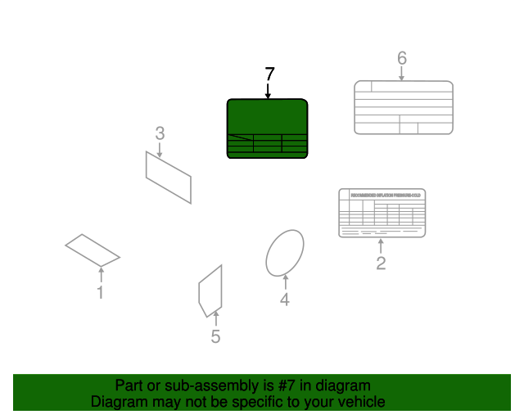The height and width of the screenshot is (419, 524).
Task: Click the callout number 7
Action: click(269, 74)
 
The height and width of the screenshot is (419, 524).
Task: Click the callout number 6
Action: click(401, 58)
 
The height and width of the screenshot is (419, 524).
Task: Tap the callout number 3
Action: click(160, 133)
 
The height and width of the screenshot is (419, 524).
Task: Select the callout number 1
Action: click(101, 292)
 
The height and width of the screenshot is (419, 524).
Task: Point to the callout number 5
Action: click(215, 336)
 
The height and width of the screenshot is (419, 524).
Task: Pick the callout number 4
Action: click(285, 300)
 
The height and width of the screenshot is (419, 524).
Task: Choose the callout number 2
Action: click(381, 263)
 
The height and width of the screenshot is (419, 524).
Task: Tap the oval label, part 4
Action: click(285, 251)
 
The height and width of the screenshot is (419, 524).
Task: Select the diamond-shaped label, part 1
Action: click(93, 250)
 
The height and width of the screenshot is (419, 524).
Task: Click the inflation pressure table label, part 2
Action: click(382, 213)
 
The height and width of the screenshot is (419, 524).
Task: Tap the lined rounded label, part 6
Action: click(403, 107)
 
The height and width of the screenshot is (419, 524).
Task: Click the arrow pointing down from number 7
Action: click(269, 92)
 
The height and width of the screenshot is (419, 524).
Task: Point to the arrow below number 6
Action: click(401, 74)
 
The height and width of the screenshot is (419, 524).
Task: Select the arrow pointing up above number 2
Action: click(381, 246)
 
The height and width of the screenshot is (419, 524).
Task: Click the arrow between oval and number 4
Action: click(285, 282)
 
